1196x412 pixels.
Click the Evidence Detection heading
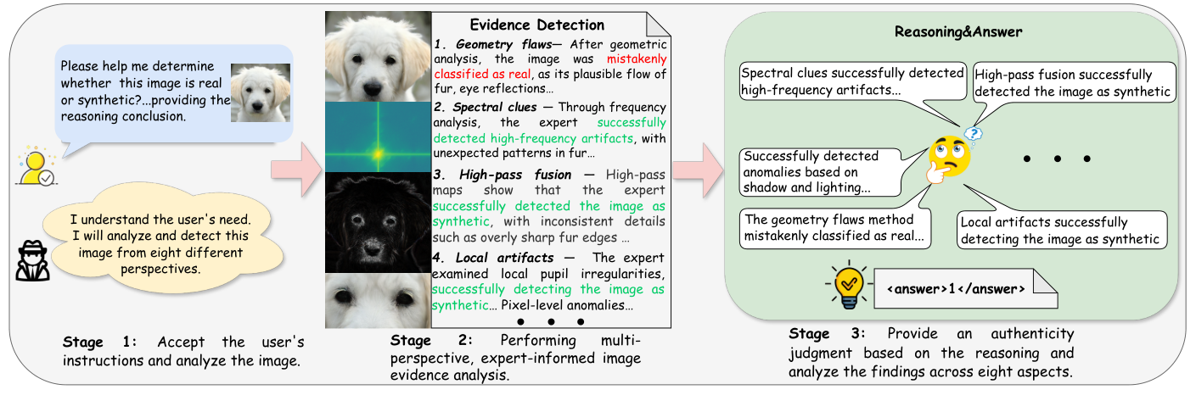point(536,25)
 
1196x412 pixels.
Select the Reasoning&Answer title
point(958,31)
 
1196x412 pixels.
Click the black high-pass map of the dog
point(378,223)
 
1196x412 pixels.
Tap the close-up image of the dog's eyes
point(378,300)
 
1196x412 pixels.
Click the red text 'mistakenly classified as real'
point(637,67)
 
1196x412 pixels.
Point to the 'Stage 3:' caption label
point(821,333)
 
